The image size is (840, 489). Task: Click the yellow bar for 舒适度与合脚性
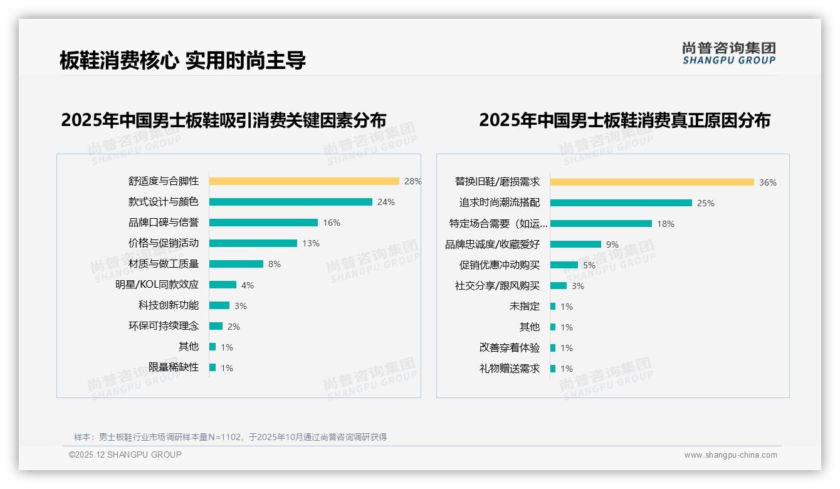(304, 181)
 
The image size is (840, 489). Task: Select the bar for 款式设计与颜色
(290, 202)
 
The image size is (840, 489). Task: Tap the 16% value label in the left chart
(332, 223)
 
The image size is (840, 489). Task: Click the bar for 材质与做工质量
(236, 264)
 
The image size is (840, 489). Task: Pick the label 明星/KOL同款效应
(157, 285)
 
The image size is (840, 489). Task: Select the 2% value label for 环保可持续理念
(233, 327)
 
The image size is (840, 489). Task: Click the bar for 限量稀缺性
(213, 367)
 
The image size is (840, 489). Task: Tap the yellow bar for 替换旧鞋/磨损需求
(652, 182)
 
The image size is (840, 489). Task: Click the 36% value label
(768, 182)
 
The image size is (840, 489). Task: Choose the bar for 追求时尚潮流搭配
(621, 203)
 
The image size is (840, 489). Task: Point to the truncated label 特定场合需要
(498, 224)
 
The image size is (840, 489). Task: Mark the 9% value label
(612, 244)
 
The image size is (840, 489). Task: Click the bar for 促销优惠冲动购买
(564, 265)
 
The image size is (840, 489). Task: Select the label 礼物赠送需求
(509, 369)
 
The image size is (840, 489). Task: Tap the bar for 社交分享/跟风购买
(559, 286)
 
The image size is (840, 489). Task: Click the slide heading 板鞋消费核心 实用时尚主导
(182, 60)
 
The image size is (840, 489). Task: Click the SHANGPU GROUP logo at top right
(729, 53)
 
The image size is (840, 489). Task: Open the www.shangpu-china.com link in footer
(730, 455)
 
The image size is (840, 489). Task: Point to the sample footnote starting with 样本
(230, 437)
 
